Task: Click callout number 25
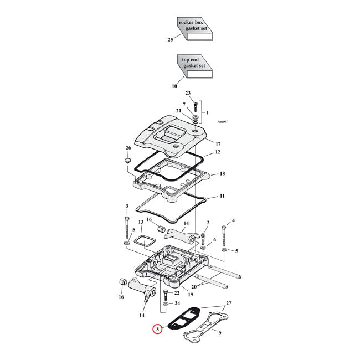(x=171, y=39)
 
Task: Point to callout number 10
(x=174, y=86)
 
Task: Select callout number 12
(x=218, y=151)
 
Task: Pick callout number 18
(x=222, y=173)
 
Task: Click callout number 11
(x=222, y=196)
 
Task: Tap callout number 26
(x=128, y=148)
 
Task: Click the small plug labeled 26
(x=127, y=161)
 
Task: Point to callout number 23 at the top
(x=188, y=93)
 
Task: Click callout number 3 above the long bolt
(x=127, y=206)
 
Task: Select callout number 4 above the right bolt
(x=233, y=220)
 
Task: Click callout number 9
(x=235, y=333)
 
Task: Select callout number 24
(x=177, y=303)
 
